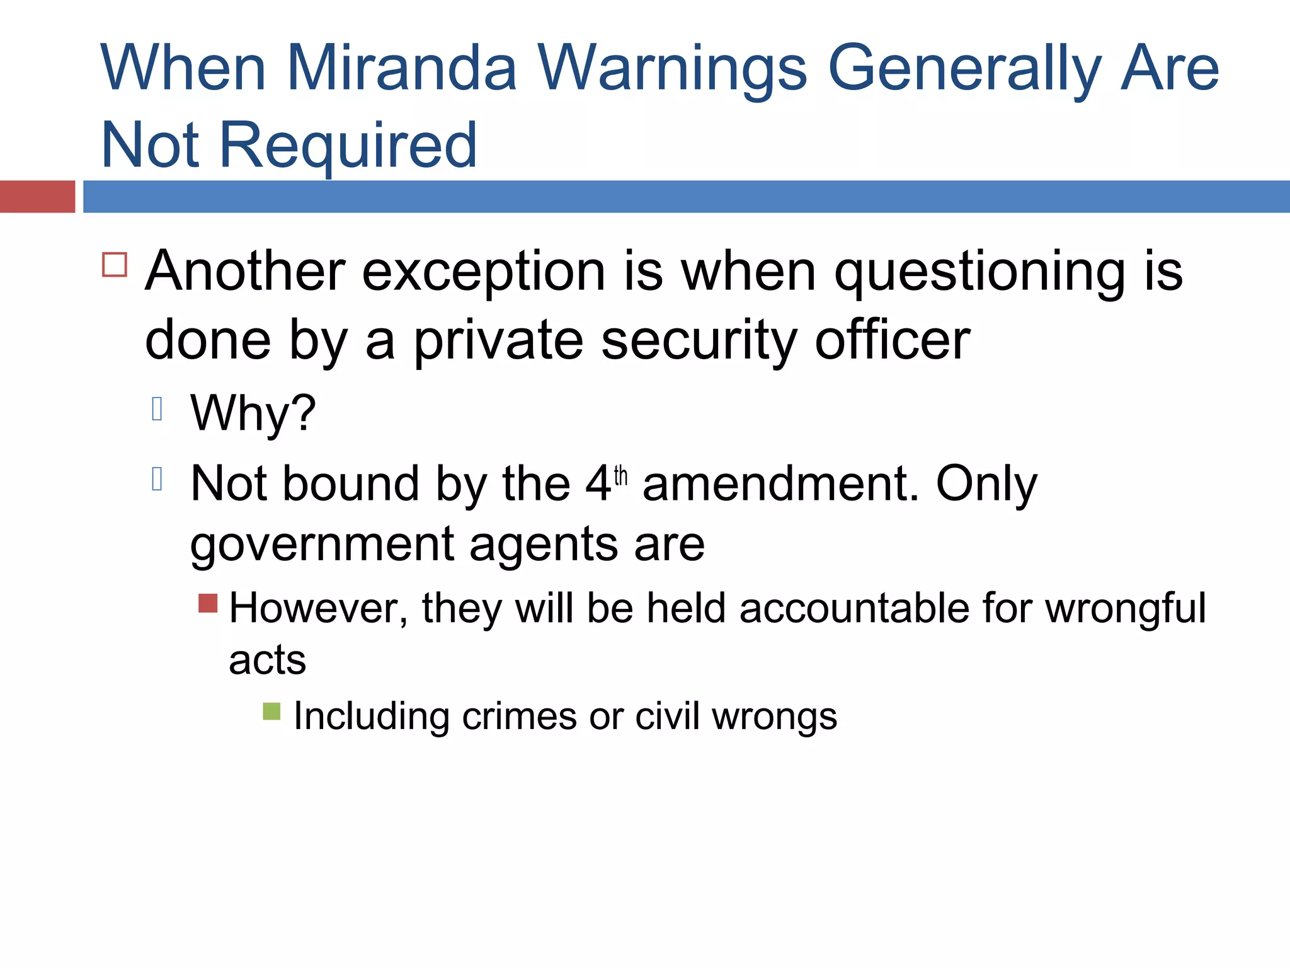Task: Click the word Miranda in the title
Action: [x=401, y=68]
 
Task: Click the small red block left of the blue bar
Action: [x=37, y=197]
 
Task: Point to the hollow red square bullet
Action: [x=115, y=265]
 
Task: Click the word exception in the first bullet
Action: [x=484, y=272]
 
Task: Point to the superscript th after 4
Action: [x=621, y=475]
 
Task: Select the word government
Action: [x=321, y=544]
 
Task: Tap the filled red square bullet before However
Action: [x=208, y=603]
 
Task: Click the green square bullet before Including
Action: [x=271, y=712]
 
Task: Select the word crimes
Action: [x=519, y=717]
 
